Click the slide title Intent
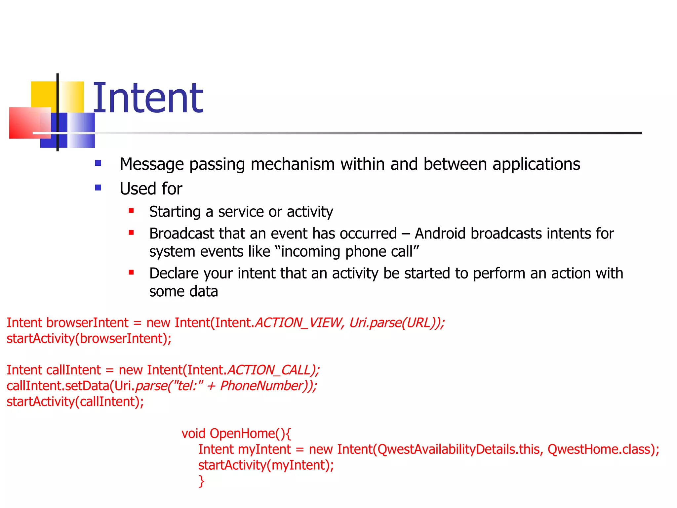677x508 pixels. [148, 98]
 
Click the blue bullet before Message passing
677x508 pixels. [98, 163]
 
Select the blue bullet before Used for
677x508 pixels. [98, 188]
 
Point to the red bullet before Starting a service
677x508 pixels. [131, 211]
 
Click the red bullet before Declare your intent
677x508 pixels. [131, 273]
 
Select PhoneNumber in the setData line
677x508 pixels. [262, 386]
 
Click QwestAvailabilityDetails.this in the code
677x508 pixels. [458, 449]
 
